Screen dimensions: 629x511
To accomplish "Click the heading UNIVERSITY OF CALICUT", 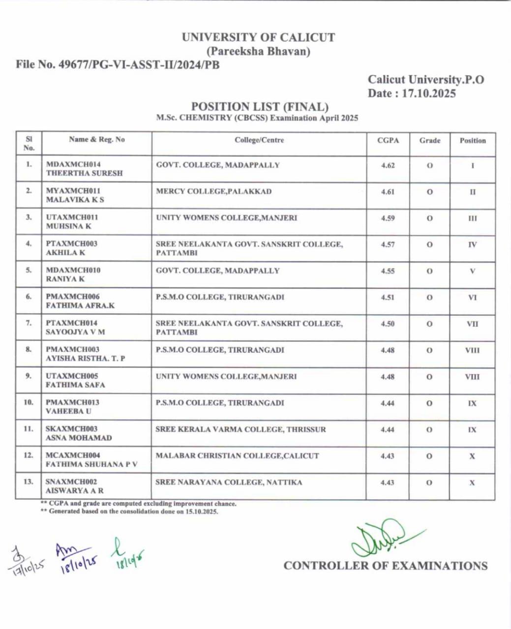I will (x=258, y=37).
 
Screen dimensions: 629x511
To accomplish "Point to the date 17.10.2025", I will (x=429, y=93).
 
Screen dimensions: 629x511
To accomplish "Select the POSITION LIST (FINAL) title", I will (x=260, y=107).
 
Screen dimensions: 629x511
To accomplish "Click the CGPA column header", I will (x=388, y=141).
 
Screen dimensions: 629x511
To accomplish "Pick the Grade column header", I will (x=430, y=141).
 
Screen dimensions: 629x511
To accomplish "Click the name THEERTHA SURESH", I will (x=84, y=173).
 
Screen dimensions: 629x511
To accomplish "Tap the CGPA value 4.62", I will (x=388, y=166).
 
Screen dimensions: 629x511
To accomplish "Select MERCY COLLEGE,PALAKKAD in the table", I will (x=213, y=191).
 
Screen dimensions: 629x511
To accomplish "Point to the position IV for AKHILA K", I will (x=472, y=245).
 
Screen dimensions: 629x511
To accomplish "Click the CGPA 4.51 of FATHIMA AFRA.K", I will (x=388, y=297).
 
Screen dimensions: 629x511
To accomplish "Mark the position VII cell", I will (x=472, y=324).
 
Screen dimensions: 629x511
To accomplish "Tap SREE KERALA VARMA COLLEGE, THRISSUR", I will (x=240, y=429).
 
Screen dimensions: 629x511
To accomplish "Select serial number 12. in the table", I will (x=29, y=455).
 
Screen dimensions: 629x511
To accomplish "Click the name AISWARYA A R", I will (x=74, y=491).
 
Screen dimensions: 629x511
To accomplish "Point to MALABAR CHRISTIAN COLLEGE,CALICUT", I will (x=237, y=456).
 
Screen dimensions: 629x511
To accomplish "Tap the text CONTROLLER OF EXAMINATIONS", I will (x=385, y=566).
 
